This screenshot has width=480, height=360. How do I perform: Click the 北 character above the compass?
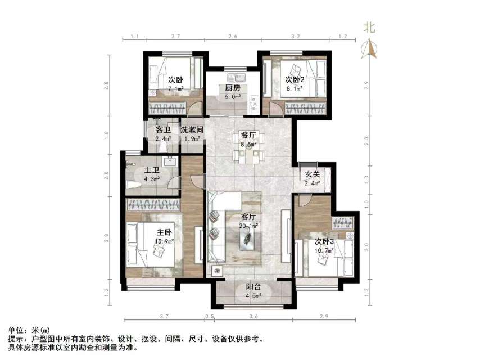pos(369,26)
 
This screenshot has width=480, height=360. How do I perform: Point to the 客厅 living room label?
pos(248,217)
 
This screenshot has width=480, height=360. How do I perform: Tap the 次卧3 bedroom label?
pos(324,241)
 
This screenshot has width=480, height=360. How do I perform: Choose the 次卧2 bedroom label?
pos(295,79)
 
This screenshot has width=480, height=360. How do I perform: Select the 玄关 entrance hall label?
pos(313,173)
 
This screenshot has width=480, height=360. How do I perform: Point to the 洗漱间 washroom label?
pos(191,129)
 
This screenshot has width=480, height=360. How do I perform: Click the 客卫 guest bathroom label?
pos(163,129)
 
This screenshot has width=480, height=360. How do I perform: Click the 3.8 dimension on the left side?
pos(106,238)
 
